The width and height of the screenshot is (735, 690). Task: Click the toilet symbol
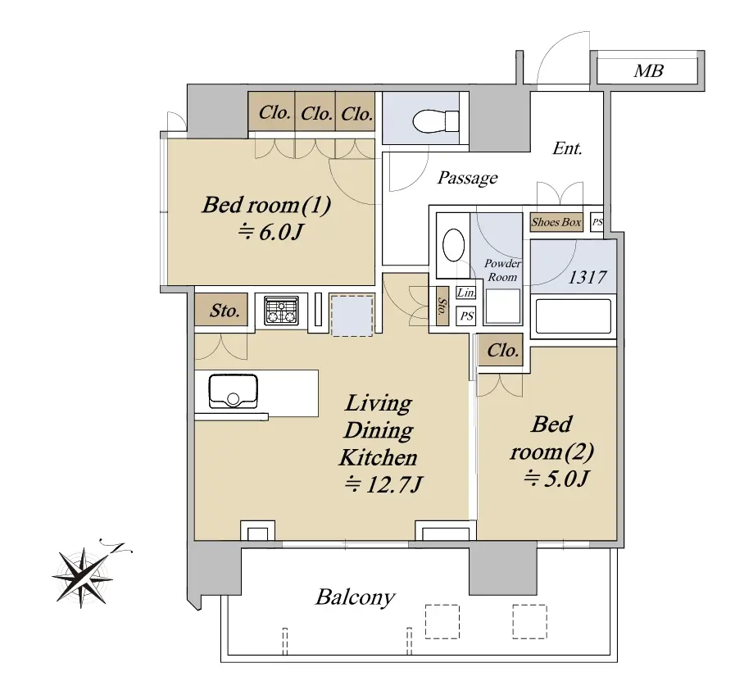[436, 121]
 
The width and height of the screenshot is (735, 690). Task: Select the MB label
[649, 70]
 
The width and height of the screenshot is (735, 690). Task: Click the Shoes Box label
[556, 222]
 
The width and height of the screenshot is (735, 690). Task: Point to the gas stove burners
[281, 311]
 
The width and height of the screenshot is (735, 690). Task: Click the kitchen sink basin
[233, 392]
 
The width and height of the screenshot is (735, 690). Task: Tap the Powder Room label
[502, 270]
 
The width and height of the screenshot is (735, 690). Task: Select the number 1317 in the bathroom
[588, 278]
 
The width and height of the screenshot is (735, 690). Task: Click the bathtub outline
[574, 316]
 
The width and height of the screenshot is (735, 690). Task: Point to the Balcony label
[356, 597]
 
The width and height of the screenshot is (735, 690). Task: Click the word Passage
[467, 178]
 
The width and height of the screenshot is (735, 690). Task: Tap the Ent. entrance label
[567, 148]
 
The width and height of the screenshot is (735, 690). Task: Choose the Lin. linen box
[466, 293]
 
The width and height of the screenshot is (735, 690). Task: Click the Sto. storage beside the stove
[225, 311]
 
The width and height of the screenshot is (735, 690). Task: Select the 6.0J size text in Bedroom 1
[271, 232]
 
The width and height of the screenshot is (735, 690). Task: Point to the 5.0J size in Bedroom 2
[556, 479]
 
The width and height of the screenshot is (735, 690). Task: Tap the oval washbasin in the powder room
[453, 245]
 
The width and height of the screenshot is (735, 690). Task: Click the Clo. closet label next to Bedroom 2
[502, 350]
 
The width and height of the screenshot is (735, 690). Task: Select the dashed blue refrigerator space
[352, 315]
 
